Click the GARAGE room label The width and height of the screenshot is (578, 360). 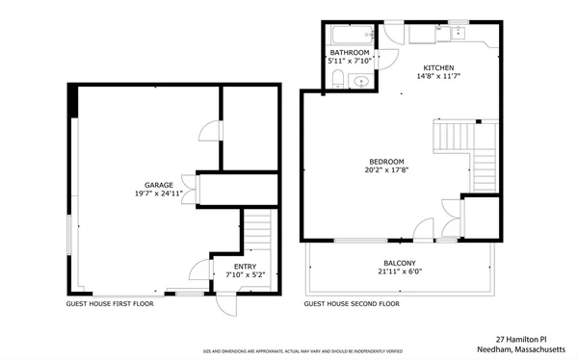(x=159, y=184)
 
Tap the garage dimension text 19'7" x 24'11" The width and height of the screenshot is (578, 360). (x=159, y=193)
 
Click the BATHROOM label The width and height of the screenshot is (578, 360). (x=349, y=52)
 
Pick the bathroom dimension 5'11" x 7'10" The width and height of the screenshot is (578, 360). (x=349, y=61)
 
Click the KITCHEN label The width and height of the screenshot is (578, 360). (x=437, y=67)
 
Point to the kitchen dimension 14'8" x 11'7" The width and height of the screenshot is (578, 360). (x=437, y=76)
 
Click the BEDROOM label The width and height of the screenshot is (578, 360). (x=386, y=161)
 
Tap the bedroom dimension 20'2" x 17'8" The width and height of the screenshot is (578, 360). (x=386, y=170)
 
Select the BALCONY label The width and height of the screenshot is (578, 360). (x=399, y=263)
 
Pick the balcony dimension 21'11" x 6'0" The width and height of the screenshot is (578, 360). (x=399, y=272)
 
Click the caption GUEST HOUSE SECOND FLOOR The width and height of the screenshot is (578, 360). (x=352, y=303)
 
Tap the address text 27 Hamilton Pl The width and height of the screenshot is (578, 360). (x=520, y=339)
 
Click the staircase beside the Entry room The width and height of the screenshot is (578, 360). (x=256, y=234)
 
